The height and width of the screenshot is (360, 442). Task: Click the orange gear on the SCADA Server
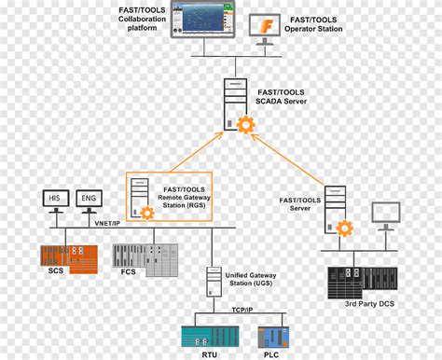pos(246,125)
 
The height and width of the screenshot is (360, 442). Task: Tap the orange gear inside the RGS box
pos(148,214)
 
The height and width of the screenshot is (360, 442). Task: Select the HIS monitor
pos(55,200)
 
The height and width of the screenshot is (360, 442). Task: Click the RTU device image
pos(202,336)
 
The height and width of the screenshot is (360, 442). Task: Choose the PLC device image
pos(276,336)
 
